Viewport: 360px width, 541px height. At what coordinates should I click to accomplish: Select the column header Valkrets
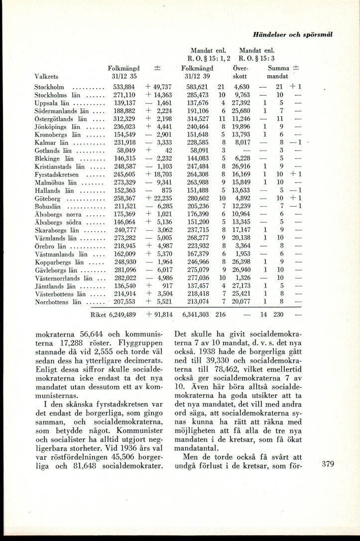click(46, 77)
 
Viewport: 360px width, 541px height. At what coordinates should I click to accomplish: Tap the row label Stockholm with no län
click(49, 87)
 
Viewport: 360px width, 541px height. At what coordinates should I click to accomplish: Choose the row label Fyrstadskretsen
click(57, 174)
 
